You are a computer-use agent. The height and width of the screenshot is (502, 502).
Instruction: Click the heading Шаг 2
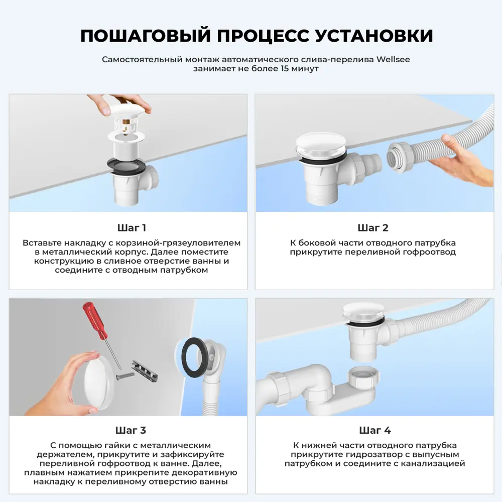[373, 228]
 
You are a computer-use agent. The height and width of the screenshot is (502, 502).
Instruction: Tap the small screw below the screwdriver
[124, 374]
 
